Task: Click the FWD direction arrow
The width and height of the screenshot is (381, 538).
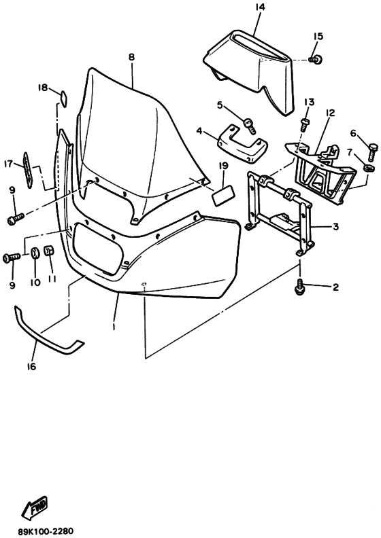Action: pos(34,507)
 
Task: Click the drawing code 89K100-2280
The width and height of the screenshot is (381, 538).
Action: pos(46,531)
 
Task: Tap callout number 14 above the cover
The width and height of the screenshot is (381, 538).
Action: pos(259,7)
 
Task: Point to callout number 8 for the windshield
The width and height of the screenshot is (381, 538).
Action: pos(132,57)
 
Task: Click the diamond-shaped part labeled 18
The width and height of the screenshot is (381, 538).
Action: pos(63,96)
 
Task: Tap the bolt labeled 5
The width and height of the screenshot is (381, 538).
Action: pos(250,126)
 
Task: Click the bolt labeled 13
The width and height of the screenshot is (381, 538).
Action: pos(304,125)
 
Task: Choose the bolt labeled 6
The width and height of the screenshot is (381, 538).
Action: pos(373,153)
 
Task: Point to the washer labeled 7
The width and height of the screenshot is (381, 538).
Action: pos(369,169)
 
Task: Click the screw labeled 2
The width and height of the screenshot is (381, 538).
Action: pos(299,287)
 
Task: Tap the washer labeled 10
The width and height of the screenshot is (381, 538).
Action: pos(35,253)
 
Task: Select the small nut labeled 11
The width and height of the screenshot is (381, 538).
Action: pos(48,251)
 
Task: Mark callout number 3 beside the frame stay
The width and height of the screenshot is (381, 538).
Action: pos(335,227)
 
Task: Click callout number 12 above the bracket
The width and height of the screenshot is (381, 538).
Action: pos(330,113)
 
